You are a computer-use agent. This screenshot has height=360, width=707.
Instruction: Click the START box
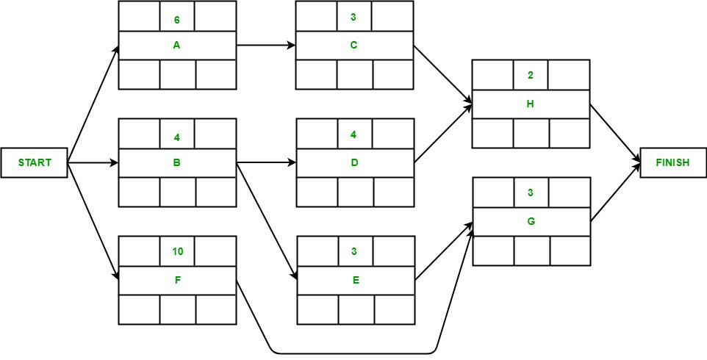click(35, 162)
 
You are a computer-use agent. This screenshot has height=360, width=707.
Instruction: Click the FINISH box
click(672, 162)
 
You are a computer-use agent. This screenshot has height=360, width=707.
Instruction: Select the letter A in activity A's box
click(176, 45)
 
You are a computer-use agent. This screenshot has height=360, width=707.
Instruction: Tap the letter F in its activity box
click(176, 280)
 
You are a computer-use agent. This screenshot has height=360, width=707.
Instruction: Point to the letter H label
click(531, 104)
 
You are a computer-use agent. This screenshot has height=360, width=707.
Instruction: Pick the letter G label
click(531, 221)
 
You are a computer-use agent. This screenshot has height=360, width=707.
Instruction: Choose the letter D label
click(354, 162)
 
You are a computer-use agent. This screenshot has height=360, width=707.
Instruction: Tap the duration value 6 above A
click(176, 16)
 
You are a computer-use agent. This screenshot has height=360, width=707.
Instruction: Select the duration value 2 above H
click(531, 75)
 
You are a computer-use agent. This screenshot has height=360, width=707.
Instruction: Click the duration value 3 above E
click(354, 251)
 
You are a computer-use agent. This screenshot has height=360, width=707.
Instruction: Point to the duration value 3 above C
click(354, 16)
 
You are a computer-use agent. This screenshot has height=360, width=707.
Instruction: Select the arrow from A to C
click(266, 45)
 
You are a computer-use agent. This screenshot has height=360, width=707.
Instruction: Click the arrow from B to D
click(266, 162)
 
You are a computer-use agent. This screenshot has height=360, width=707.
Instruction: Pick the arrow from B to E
click(266, 220)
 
